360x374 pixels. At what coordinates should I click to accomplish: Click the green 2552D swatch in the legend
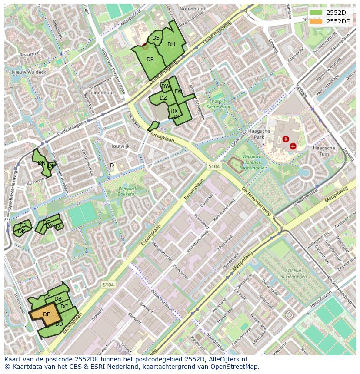pyautogui.click(x=316, y=12)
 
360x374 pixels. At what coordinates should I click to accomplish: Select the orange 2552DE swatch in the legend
pyautogui.click(x=316, y=21)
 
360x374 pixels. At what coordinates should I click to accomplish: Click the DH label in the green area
pyautogui.click(x=171, y=44)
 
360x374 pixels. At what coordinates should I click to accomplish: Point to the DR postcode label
pyautogui.click(x=150, y=60)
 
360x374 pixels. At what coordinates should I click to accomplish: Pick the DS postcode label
pyautogui.click(x=156, y=38)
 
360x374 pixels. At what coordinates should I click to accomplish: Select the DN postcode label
pyautogui.click(x=42, y=163)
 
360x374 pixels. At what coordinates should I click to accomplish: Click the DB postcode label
pyautogui.click(x=58, y=298)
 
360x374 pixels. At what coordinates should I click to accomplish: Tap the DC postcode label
pyautogui.click(x=64, y=306)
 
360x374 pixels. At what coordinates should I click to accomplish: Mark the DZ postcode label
pyautogui.click(x=163, y=98)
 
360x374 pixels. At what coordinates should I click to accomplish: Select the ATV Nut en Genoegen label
pyautogui.click(x=287, y=273)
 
